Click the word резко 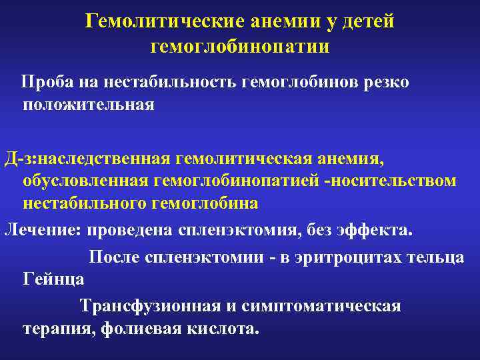pyautogui.click(x=383, y=83)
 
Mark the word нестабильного pyautogui.click(x=87, y=203)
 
